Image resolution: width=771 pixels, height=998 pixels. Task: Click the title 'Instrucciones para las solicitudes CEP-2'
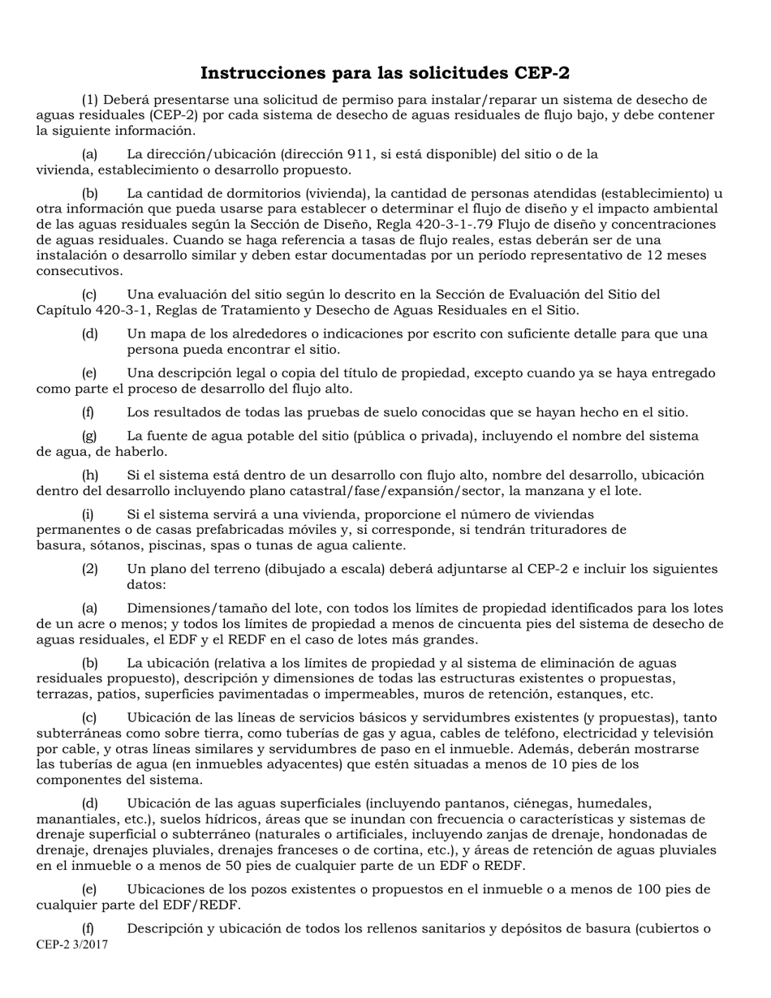point(385,73)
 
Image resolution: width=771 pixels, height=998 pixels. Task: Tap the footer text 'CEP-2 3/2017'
point(72,944)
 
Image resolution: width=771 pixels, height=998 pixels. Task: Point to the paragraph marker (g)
point(90,436)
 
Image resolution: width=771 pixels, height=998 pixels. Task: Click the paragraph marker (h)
point(90,475)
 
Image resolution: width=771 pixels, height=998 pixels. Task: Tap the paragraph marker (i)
point(88,514)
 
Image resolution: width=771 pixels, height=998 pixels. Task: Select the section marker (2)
point(89,569)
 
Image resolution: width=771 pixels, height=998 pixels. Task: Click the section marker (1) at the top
point(90,100)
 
